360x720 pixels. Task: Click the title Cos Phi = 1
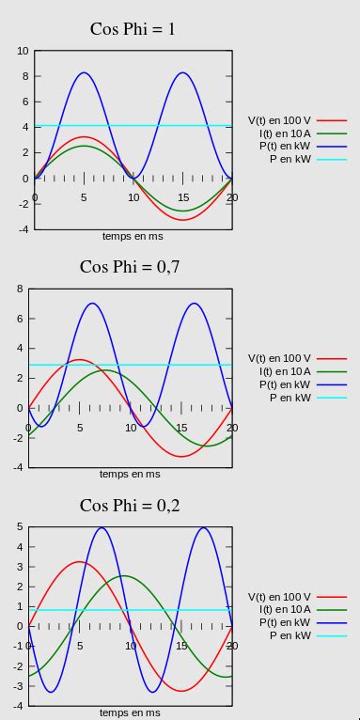point(133,29)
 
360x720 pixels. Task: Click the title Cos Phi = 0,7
point(130,266)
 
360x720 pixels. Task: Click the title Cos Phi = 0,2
point(130,505)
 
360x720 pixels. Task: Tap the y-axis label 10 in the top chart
point(23,51)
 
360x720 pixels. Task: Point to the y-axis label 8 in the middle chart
point(19,289)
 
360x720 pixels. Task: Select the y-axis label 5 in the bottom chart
point(19,527)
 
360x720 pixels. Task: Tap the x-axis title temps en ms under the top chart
point(133,236)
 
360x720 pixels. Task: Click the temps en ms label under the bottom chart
point(130,712)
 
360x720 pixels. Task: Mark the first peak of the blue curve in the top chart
point(84,72)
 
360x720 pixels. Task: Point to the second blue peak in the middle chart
point(194,304)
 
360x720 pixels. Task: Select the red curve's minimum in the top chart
point(182,220)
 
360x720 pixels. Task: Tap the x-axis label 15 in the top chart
point(182,197)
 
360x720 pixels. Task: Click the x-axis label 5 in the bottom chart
point(80,646)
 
